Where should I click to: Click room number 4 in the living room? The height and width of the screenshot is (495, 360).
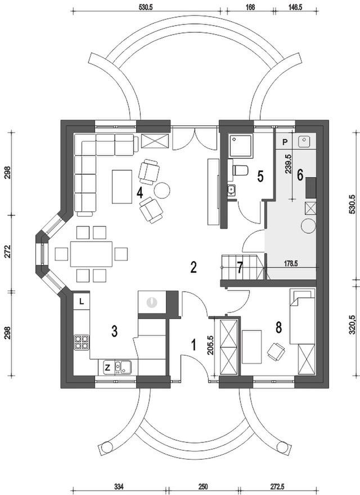[139, 192]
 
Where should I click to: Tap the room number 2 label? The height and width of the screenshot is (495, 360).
[193, 267]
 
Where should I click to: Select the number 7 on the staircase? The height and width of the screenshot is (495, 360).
[240, 268]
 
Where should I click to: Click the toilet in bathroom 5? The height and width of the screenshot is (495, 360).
[240, 170]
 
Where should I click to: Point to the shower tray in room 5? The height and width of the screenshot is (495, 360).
[241, 145]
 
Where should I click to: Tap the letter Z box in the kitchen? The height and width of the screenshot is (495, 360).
[107, 368]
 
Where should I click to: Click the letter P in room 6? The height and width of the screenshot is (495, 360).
[285, 142]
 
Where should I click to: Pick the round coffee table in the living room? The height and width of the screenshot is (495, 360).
[163, 190]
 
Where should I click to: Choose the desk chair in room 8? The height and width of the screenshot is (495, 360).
[277, 352]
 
